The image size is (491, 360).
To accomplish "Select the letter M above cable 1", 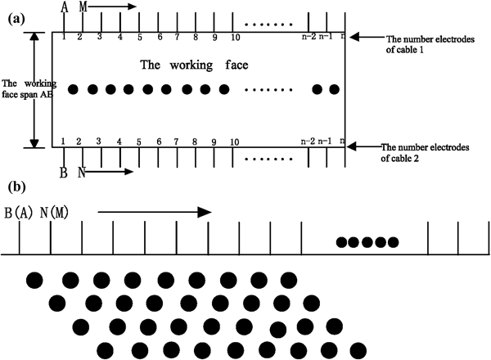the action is tap(82, 7).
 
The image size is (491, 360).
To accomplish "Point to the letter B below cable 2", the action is tap(63, 173).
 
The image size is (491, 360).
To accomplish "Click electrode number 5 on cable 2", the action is tap(139, 142).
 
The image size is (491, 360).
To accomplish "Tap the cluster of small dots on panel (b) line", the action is tap(367, 242).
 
